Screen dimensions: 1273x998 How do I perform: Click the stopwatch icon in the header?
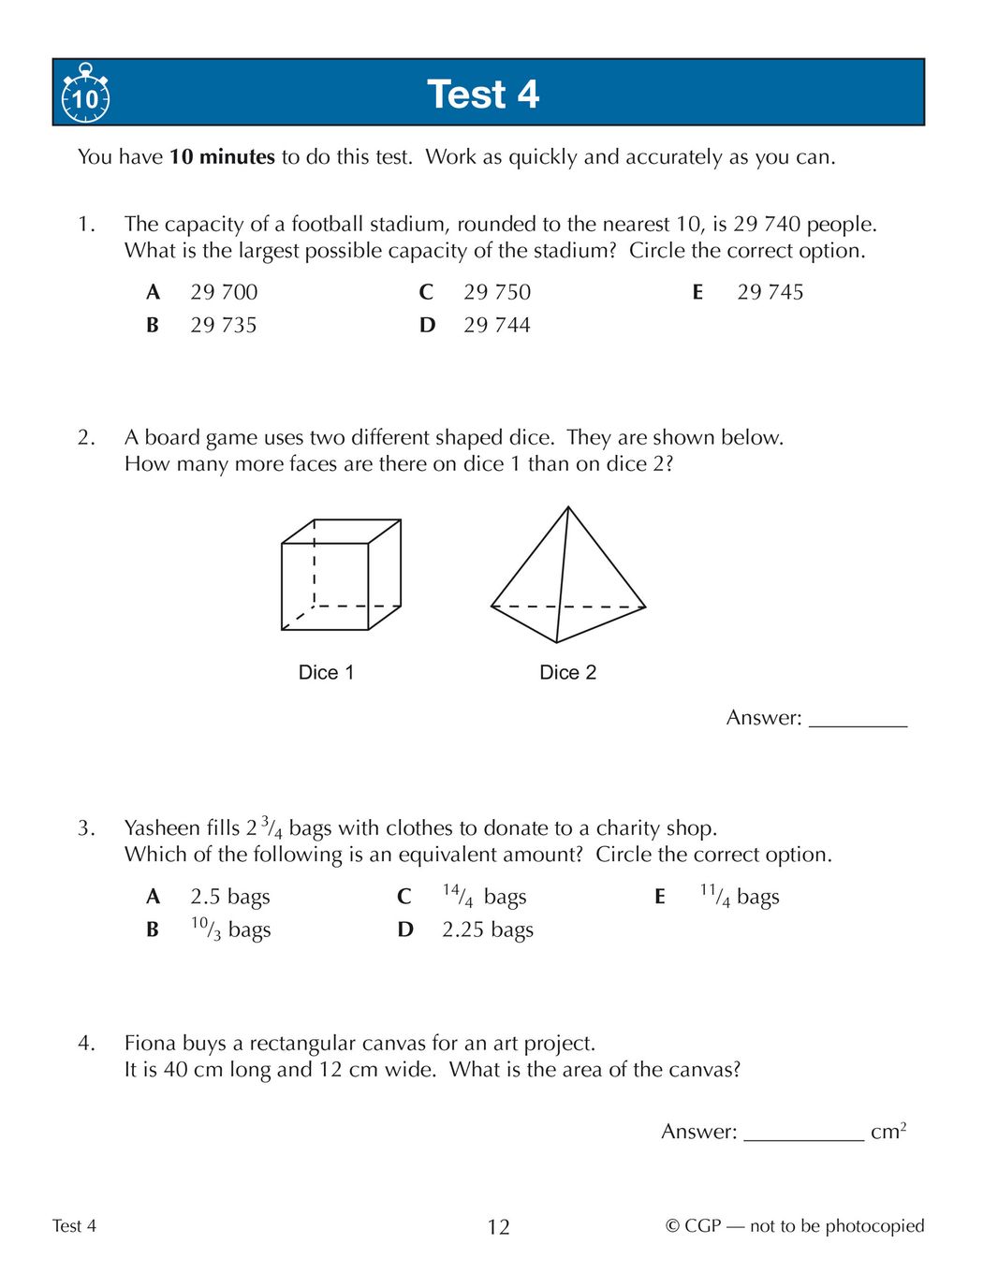point(85,95)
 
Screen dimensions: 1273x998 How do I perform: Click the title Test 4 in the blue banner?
point(483,95)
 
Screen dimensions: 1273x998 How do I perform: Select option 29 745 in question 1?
point(770,292)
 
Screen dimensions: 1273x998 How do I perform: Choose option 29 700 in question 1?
point(224,292)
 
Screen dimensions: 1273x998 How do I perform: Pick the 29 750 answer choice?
point(496,292)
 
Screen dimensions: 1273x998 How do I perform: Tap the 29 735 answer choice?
point(224,325)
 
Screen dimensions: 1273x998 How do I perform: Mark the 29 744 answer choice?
point(496,325)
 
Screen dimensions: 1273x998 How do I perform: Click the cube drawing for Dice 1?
point(341,575)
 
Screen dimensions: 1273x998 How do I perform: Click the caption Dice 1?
point(326,672)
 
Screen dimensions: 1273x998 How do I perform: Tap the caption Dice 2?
point(567,672)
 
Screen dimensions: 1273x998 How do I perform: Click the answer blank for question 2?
point(858,719)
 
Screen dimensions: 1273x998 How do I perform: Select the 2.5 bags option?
point(229,897)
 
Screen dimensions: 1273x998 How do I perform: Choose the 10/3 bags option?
point(230,929)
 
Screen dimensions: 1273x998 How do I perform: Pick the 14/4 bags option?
point(484,897)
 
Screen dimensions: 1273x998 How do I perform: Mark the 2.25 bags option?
point(487,929)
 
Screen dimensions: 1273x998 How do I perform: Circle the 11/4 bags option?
point(739,897)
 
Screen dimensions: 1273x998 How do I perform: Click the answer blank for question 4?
point(803,1133)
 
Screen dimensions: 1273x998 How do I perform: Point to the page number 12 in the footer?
point(498,1227)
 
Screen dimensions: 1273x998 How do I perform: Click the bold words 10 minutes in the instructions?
point(222,157)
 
